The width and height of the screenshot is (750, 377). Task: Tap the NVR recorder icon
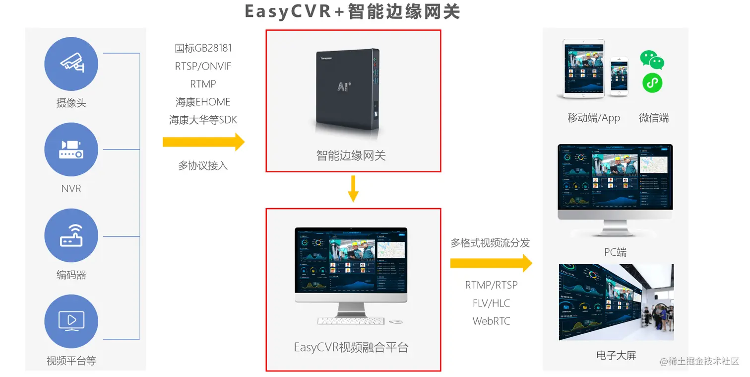click(x=71, y=149)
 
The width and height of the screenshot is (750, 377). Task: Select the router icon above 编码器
click(x=71, y=235)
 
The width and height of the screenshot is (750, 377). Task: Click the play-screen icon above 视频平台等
click(x=71, y=320)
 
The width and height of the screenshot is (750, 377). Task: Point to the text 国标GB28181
click(x=203, y=48)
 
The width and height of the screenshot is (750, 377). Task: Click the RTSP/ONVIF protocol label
click(x=203, y=66)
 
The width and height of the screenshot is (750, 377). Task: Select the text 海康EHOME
click(x=203, y=102)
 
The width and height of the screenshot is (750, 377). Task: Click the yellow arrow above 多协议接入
click(x=203, y=142)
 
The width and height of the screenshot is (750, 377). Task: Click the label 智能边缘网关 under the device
click(x=351, y=155)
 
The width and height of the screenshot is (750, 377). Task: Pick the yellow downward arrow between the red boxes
click(x=353, y=188)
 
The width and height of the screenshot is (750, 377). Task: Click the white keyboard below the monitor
click(x=351, y=321)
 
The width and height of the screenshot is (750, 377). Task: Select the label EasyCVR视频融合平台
click(x=351, y=347)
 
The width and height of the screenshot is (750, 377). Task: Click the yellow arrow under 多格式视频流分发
click(x=491, y=263)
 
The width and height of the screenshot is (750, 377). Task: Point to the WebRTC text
click(x=491, y=321)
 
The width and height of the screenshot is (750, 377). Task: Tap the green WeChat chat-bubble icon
click(x=652, y=59)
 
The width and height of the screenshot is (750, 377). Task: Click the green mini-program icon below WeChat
click(x=652, y=83)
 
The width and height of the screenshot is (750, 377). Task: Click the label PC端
click(x=615, y=252)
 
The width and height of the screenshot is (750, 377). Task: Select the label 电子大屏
click(x=616, y=355)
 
